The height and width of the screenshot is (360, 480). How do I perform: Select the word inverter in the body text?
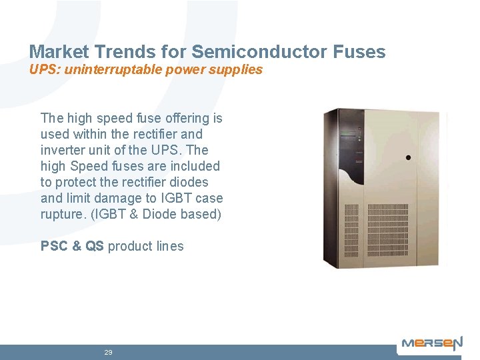click(62, 150)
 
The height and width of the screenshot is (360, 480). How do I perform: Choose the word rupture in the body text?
click(61, 214)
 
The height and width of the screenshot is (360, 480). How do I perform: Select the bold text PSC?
click(55, 246)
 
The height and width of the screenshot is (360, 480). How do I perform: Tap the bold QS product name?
click(95, 246)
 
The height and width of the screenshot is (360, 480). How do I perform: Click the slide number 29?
click(108, 352)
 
